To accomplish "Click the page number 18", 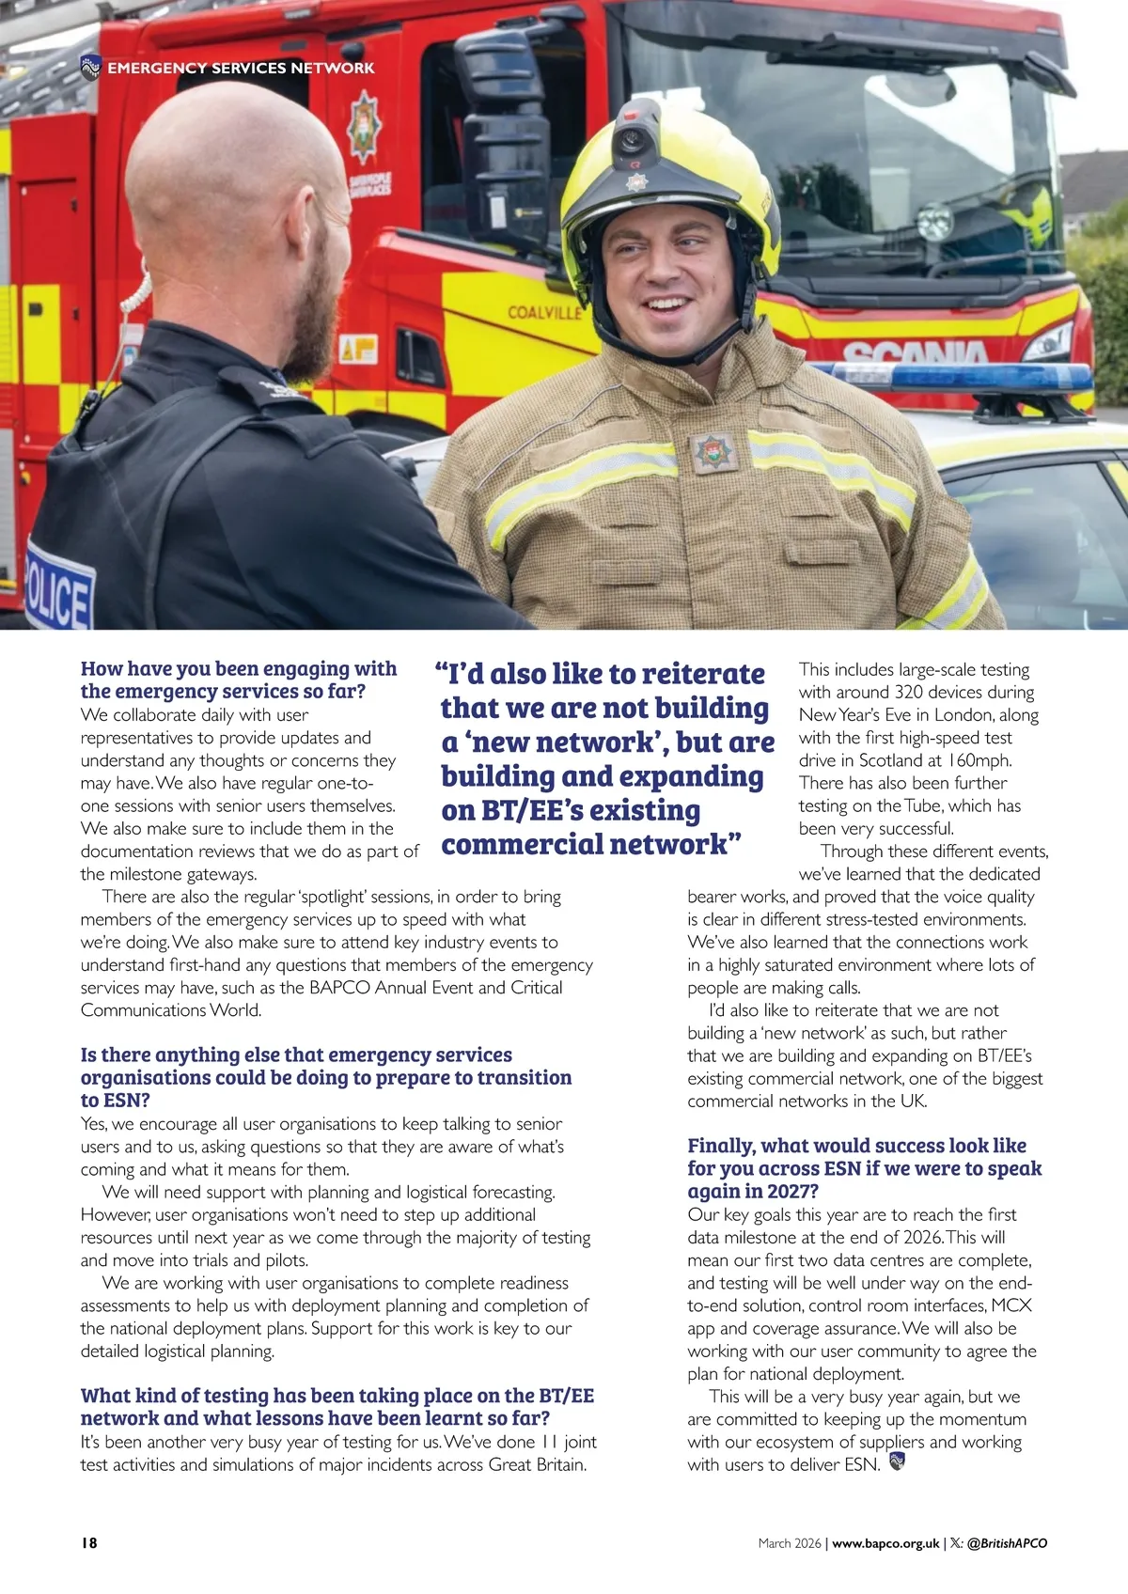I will click(89, 1542).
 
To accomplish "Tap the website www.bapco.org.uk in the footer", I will click(885, 1543).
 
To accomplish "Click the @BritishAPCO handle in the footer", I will click(1007, 1543).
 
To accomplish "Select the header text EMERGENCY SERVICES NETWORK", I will click(241, 68).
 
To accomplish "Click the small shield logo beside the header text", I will click(90, 67).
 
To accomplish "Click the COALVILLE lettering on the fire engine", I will click(544, 312).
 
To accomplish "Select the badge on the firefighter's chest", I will click(713, 452).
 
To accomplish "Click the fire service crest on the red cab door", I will click(365, 126).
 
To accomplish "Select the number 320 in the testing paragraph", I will click(908, 693).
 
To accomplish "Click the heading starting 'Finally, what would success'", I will click(856, 1146).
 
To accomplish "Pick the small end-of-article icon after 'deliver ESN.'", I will click(897, 1461).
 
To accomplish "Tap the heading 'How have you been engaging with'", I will click(239, 668).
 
